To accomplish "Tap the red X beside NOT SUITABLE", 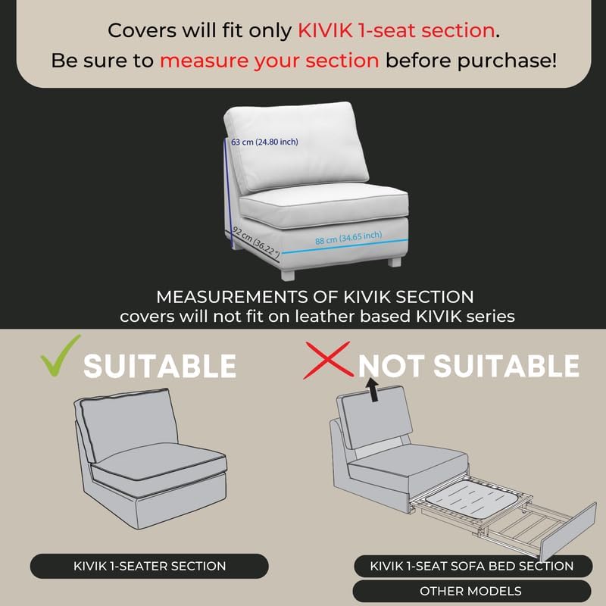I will pos(328,361).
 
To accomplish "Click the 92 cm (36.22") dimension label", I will pos(256,241).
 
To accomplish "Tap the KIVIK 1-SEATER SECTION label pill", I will pos(149,566).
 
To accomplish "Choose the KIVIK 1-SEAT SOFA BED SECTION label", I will pos(471,566).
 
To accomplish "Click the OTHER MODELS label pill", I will pos(471,591).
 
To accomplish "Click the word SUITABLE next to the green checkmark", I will pos(159,366).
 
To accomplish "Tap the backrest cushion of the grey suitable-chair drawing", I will pos(121,426).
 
